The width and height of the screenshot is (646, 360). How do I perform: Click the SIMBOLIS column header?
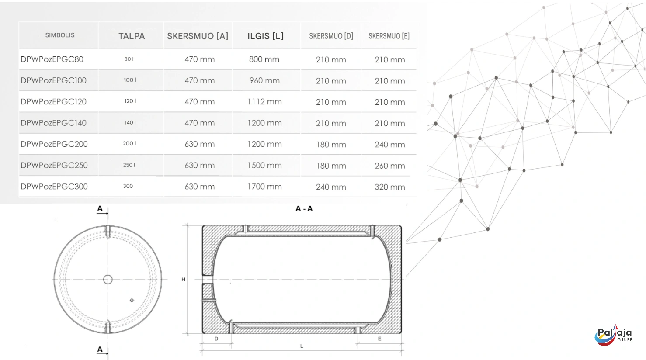(60, 35)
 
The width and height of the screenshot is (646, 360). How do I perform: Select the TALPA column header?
(132, 36)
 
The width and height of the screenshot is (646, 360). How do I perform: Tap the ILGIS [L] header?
(265, 36)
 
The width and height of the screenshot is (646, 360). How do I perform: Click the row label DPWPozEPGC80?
(52, 59)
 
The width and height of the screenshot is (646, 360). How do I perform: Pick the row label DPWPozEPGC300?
(54, 187)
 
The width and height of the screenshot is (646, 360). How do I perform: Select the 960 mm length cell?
(264, 80)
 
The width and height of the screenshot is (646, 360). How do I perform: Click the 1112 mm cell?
(264, 102)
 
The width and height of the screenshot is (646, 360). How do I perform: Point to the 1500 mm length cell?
(264, 166)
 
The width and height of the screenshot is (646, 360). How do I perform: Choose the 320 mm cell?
(389, 187)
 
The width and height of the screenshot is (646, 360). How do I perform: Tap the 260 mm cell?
(389, 166)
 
